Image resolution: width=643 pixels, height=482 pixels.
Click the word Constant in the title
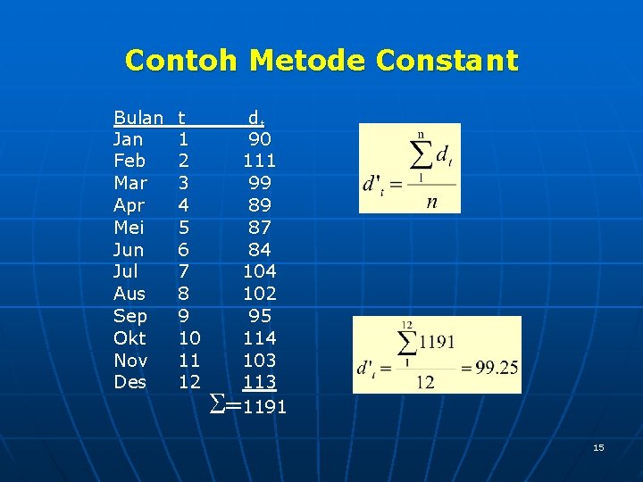click(447, 61)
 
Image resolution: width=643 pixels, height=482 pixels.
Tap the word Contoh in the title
click(181, 61)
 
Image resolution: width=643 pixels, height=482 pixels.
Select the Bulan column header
click(138, 117)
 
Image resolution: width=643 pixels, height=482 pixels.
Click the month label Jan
click(129, 139)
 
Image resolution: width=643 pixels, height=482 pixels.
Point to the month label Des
click(129, 382)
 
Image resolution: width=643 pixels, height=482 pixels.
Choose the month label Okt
click(130, 338)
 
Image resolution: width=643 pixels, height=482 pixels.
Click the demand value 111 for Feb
click(260, 162)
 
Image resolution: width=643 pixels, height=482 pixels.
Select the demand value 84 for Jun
click(260, 250)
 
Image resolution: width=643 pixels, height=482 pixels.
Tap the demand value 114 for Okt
click(260, 338)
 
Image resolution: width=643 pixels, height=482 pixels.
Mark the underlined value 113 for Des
click(260, 382)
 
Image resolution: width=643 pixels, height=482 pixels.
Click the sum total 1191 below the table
click(265, 407)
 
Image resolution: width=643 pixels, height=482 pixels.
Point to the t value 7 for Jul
click(183, 271)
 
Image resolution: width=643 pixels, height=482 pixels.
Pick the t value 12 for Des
click(188, 382)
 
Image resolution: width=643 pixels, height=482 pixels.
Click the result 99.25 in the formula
click(493, 368)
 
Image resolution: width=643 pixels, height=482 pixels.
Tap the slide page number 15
click(598, 447)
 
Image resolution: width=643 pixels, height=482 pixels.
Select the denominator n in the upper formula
click(431, 201)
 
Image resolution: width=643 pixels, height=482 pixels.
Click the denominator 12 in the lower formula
click(427, 381)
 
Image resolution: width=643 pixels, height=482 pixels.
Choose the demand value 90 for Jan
click(260, 139)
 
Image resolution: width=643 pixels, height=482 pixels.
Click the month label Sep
click(130, 316)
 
